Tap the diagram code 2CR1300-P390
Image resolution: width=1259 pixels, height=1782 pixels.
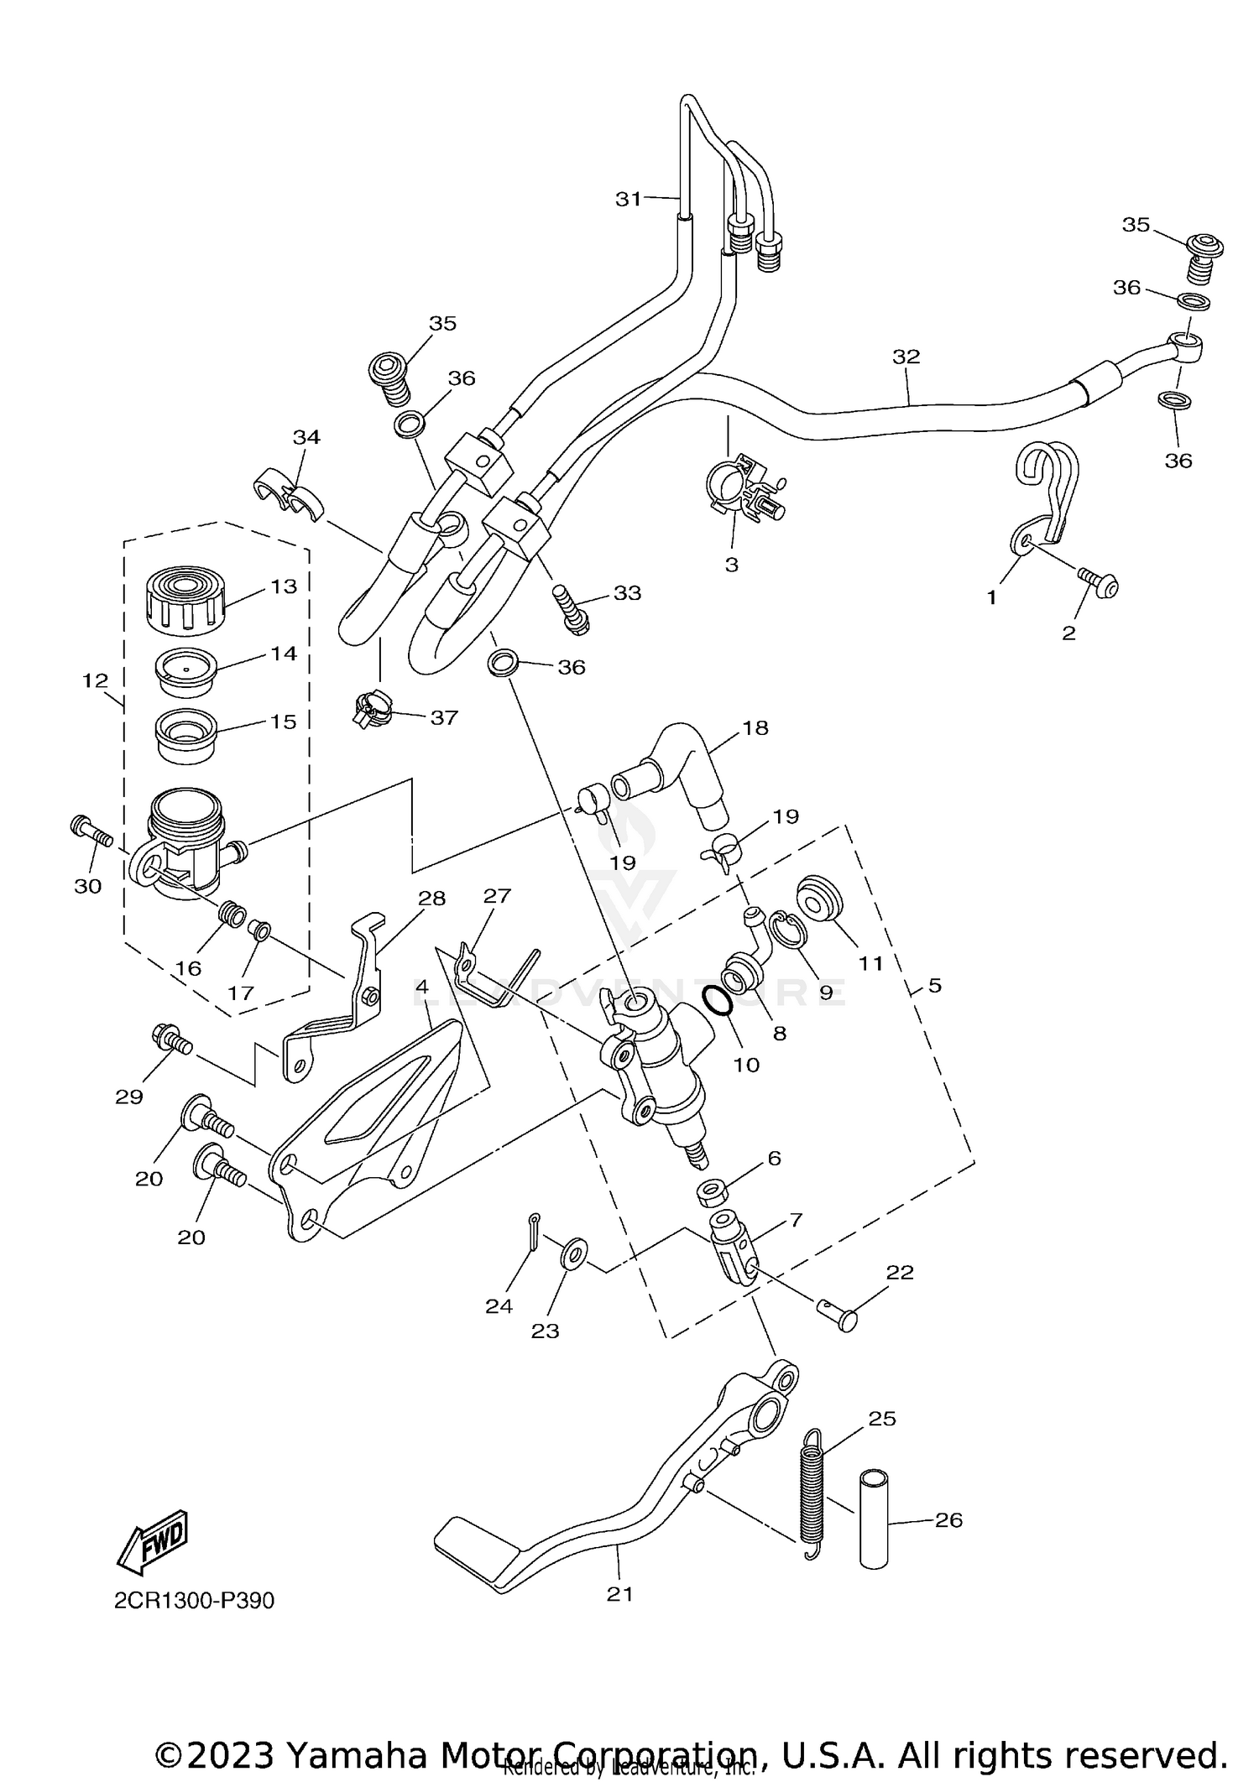(194, 1601)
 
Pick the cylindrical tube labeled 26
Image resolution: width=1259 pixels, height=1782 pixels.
(874, 1519)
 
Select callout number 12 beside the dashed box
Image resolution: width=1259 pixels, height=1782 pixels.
(95, 680)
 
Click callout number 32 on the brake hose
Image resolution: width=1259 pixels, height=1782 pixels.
(906, 357)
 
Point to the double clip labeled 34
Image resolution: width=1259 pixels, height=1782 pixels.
(288, 494)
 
